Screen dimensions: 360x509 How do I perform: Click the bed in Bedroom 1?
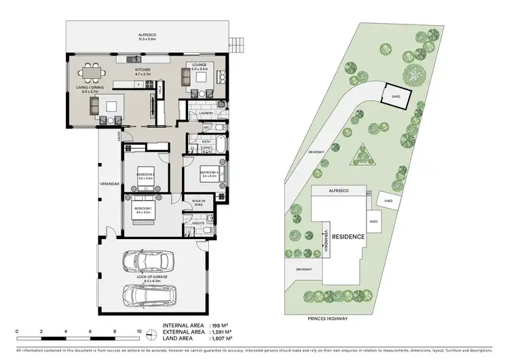click(x=145, y=211)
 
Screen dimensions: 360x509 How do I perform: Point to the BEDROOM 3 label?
click(x=208, y=173)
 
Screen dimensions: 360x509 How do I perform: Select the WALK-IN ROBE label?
click(x=199, y=202)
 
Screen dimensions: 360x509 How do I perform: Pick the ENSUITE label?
click(x=199, y=222)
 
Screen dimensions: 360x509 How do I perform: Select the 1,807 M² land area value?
click(x=223, y=338)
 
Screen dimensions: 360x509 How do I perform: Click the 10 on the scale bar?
click(x=139, y=333)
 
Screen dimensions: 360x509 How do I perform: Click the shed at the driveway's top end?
click(x=395, y=95)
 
